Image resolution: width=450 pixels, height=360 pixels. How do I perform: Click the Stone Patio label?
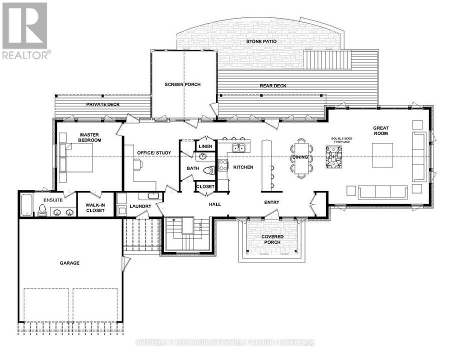[261, 41]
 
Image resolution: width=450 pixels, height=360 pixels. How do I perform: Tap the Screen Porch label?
[182, 84]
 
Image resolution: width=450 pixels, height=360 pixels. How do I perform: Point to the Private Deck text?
[102, 104]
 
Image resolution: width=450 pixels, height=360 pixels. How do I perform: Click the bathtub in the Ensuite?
[26, 204]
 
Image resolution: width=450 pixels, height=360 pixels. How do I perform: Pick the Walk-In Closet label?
[95, 208]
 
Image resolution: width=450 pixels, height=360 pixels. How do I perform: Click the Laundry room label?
[140, 206]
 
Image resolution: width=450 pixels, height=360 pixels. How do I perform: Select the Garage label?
[69, 263]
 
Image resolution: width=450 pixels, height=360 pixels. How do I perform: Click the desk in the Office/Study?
[138, 165]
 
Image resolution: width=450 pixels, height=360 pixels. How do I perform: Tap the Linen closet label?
[205, 146]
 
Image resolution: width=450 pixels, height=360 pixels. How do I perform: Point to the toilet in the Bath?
[209, 170]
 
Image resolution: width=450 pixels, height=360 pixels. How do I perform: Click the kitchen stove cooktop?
[223, 165]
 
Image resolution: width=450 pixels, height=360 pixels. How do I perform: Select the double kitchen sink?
[238, 148]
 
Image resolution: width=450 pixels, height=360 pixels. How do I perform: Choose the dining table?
[300, 157]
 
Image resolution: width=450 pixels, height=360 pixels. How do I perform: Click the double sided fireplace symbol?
[333, 156]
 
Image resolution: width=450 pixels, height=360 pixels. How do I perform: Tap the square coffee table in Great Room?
[382, 155]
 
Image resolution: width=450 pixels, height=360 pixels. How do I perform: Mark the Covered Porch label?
[272, 239]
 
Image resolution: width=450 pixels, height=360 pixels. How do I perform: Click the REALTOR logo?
[25, 30]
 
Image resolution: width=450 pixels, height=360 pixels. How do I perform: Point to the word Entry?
[271, 202]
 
